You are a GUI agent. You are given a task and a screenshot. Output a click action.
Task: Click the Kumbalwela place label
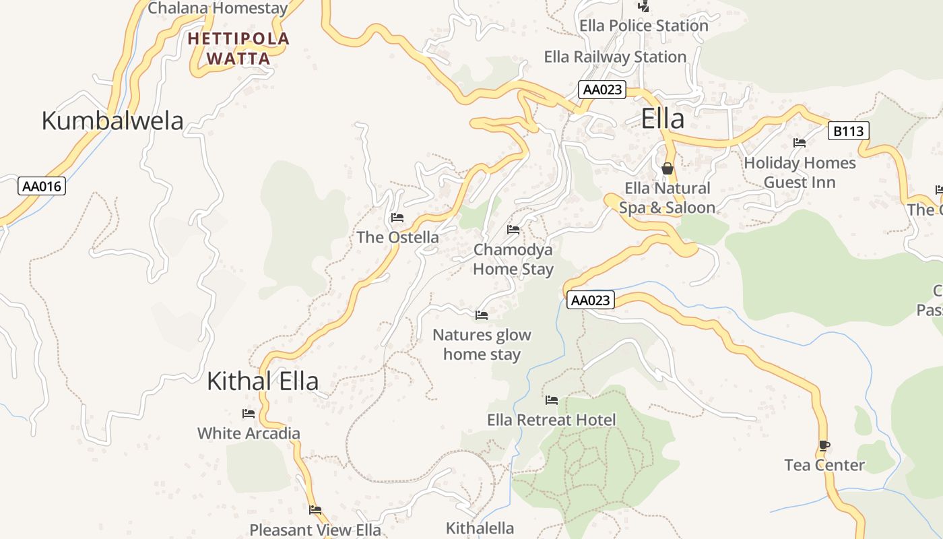click(x=112, y=121)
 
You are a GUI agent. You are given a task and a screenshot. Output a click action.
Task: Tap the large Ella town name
click(x=663, y=119)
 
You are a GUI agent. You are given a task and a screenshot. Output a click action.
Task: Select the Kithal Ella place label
click(x=262, y=381)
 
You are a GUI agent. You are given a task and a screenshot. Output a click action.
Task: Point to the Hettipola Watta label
click(x=238, y=49)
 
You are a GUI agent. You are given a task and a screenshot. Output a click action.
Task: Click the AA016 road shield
click(x=42, y=186)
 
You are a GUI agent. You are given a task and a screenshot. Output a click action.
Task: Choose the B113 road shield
click(x=848, y=131)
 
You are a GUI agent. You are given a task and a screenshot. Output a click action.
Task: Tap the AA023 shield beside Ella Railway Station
click(x=602, y=90)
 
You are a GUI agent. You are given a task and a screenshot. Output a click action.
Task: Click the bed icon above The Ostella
click(x=397, y=218)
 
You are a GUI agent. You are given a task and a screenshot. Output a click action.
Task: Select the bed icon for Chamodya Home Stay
click(x=513, y=230)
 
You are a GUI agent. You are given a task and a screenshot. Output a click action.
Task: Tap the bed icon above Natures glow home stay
click(x=482, y=315)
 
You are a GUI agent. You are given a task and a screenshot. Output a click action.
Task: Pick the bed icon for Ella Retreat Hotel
click(x=552, y=400)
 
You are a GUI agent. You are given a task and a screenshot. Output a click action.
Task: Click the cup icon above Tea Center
click(x=824, y=445)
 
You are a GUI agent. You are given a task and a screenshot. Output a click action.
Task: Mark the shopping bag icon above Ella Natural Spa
click(x=668, y=168)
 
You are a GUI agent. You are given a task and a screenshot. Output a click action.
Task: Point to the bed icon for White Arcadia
click(x=249, y=414)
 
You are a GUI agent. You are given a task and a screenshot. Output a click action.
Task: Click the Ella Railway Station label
click(x=615, y=57)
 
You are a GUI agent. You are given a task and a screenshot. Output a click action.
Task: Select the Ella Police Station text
click(x=643, y=26)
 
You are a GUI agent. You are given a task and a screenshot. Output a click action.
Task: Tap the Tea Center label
click(x=824, y=465)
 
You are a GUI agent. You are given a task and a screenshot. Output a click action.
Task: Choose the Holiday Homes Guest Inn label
click(x=800, y=172)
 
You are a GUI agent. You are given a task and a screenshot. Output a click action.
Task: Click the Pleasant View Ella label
click(x=315, y=530)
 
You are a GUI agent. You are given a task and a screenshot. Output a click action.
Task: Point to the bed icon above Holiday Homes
click(x=800, y=143)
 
